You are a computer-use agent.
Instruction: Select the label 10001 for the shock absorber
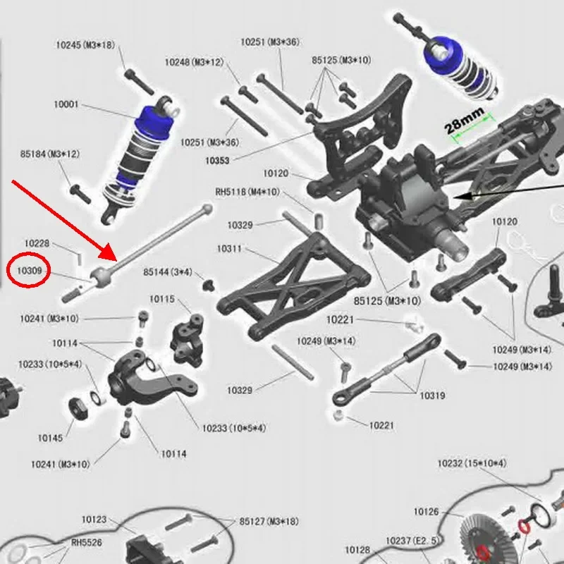coord(66,104)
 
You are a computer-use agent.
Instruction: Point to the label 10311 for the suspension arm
coord(229,249)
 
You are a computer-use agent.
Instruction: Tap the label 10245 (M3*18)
coord(85,45)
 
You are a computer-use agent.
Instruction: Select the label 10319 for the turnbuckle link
coord(432,396)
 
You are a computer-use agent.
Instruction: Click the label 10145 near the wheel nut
coord(50,438)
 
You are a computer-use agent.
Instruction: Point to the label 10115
coord(161,300)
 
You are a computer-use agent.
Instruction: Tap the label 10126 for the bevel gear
coord(426,512)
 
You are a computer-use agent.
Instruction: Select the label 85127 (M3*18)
coord(269,522)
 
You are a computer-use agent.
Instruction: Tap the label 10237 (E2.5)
coord(410,540)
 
